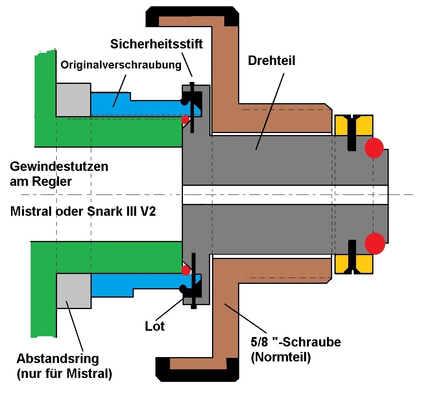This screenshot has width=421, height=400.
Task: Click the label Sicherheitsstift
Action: coord(157,44)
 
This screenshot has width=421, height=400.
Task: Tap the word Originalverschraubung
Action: coord(121,65)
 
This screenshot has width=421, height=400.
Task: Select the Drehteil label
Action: coord(271,61)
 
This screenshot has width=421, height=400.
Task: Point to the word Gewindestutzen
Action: coord(59,166)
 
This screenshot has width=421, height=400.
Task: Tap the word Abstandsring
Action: coord(57,359)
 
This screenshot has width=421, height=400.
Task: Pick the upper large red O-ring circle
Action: coord(374,148)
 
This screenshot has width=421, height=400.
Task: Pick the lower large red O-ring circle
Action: coord(375,243)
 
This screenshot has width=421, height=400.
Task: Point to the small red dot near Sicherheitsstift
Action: coord(185,119)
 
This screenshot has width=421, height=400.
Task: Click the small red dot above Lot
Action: coord(185,270)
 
